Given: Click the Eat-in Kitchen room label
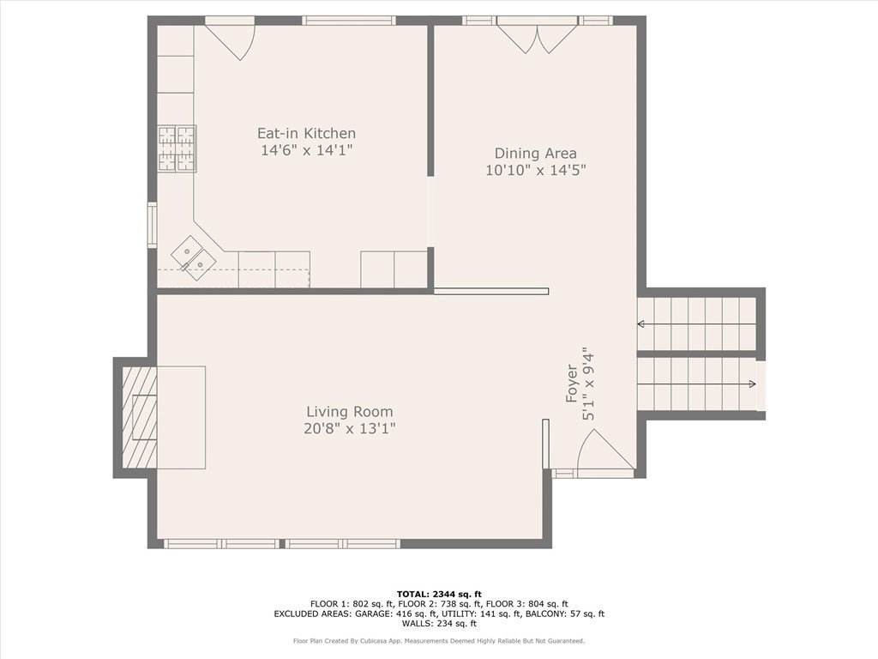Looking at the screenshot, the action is [x=306, y=133].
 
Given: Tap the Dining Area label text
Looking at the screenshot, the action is [x=535, y=154].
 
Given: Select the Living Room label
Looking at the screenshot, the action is [x=350, y=412].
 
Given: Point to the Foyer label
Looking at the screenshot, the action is [x=571, y=384].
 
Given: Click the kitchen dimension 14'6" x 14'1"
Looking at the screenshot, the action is [x=306, y=150].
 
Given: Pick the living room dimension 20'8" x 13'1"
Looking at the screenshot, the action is [x=350, y=429].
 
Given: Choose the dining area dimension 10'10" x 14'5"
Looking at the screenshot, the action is [x=535, y=170].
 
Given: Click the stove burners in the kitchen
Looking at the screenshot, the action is [x=177, y=148].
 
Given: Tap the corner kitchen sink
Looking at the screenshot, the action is [x=194, y=258].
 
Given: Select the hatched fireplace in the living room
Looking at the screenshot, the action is [x=140, y=418].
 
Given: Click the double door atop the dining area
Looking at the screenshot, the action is [x=538, y=38].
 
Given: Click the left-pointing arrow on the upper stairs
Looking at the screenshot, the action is [x=696, y=323].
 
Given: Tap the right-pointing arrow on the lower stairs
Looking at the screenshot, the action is [x=696, y=384].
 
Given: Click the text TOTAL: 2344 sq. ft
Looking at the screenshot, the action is [x=439, y=594].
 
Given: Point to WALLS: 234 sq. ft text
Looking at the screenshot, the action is [x=439, y=623].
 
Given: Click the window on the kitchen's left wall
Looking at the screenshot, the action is [x=152, y=225].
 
